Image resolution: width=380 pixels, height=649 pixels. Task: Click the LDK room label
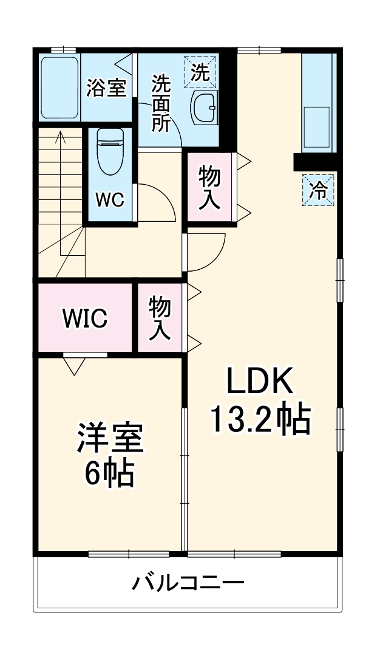(260, 381)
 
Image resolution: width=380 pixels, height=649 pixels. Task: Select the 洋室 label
(110, 439)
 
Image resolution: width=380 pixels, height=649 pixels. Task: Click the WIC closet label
(86, 317)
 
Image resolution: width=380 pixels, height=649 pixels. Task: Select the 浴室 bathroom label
(106, 89)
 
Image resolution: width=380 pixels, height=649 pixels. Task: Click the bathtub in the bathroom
(59, 88)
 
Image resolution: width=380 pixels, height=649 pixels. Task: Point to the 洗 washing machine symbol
(200, 72)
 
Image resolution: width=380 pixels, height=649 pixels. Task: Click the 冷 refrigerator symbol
(318, 190)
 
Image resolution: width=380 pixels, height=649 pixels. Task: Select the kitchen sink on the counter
(317, 127)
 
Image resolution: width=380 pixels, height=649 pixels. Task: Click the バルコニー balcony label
(189, 584)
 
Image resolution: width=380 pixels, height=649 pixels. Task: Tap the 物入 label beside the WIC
(160, 317)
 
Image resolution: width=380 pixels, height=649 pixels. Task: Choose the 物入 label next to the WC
(209, 188)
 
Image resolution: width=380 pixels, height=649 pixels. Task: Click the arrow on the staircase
(60, 140)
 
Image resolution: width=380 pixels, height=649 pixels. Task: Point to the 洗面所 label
(161, 103)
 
